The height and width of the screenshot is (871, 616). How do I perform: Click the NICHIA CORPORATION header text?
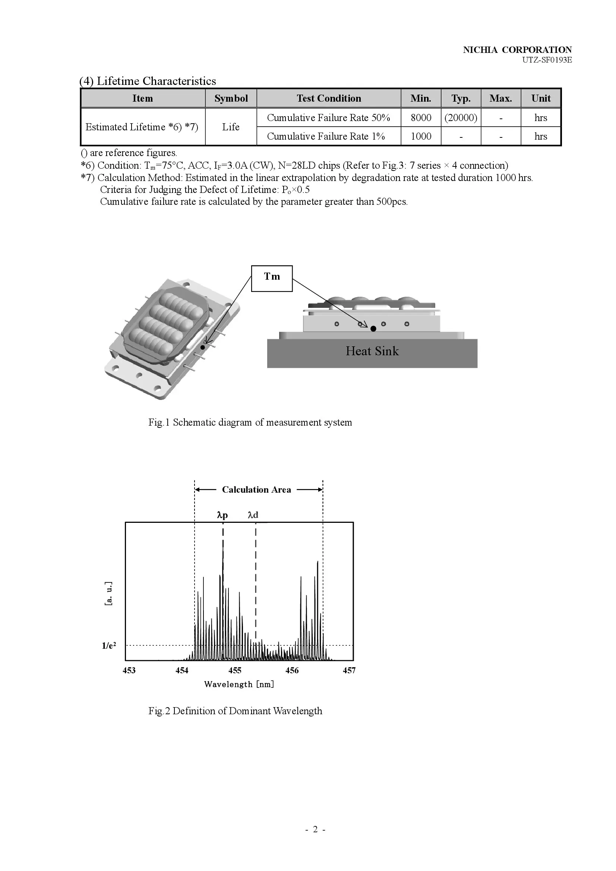coord(517,50)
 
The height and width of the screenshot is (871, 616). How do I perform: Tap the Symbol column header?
coord(231,98)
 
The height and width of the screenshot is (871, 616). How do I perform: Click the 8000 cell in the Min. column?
coord(421,118)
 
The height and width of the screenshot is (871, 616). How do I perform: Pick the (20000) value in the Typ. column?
coord(461,118)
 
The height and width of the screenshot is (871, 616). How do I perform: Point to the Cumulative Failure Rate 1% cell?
coord(326,136)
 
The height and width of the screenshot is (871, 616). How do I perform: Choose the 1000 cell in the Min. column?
coord(421,136)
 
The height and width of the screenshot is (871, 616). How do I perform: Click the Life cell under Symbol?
coord(231,127)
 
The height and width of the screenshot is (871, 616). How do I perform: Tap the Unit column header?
coord(541,98)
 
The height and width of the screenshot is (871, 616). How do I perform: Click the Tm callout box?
coord(272,279)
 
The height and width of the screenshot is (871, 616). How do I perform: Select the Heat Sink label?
coord(372,351)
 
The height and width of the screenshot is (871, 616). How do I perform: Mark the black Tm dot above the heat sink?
coord(373,328)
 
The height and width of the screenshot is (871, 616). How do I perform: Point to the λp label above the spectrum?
coord(222,515)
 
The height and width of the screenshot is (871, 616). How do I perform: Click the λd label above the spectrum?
coord(253,515)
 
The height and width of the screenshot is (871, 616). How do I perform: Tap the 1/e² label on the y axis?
coord(109,646)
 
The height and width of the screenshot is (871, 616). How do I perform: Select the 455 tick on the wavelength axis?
coord(235,670)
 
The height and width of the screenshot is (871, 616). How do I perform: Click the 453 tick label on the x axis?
coord(129,670)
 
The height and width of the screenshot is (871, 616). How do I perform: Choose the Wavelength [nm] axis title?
coord(239,684)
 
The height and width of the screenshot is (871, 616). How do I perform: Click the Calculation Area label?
coord(256,490)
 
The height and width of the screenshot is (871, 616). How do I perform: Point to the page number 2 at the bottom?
coord(315,829)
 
